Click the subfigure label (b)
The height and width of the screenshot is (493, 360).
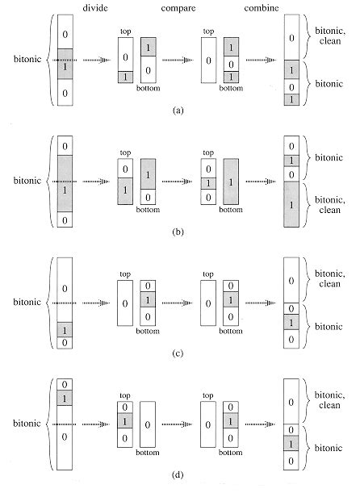[178, 236]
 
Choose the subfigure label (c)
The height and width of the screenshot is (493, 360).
[178, 360]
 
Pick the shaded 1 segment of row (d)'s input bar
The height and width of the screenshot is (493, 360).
[66, 398]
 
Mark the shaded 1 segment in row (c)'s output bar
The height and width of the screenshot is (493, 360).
[292, 322]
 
